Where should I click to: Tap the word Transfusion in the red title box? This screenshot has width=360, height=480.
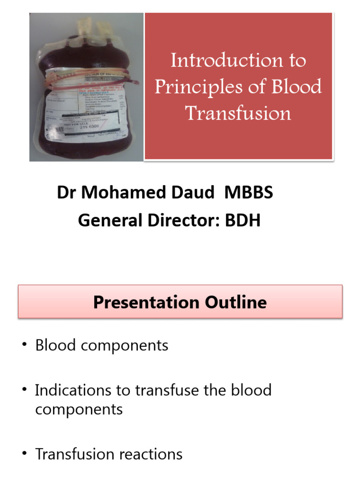(x=238, y=113)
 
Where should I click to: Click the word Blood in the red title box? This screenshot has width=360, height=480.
(x=296, y=87)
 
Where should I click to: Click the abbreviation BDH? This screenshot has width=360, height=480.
(x=242, y=220)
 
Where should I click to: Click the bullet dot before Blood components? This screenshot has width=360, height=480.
(x=23, y=346)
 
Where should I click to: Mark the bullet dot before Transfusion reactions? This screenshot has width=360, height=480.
(x=23, y=454)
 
